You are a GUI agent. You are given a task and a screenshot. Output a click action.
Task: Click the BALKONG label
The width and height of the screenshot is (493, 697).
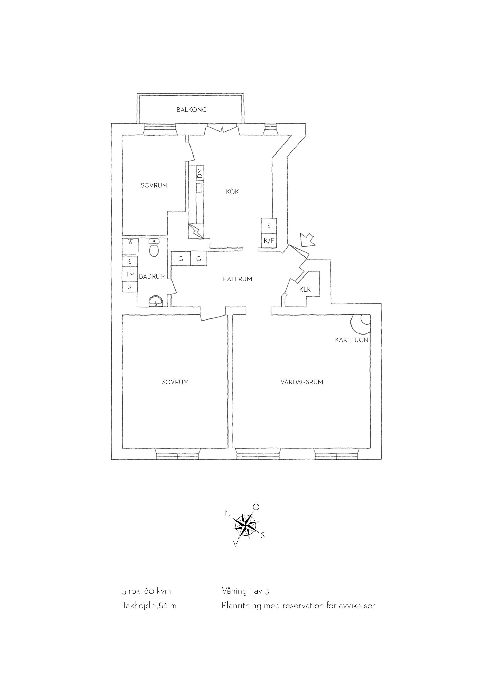192,110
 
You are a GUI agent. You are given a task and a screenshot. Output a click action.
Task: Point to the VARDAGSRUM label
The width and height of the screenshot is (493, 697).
301,382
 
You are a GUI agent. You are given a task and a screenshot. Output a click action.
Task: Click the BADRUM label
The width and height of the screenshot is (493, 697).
152,276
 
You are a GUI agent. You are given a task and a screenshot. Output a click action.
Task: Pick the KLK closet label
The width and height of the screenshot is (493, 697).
305,289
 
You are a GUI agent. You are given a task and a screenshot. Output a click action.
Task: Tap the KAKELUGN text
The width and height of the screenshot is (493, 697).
352,340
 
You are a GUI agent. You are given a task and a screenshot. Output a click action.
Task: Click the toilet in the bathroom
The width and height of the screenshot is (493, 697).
155,247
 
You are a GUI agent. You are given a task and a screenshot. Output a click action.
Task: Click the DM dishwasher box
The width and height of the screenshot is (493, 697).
200,173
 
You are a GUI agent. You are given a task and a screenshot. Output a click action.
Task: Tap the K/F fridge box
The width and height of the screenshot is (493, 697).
269,241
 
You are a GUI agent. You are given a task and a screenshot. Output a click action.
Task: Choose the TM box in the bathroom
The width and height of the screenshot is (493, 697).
130,274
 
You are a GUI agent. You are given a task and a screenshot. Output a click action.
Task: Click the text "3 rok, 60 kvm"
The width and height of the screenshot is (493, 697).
146,591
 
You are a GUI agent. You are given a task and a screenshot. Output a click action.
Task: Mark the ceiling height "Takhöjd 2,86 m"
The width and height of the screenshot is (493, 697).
149,606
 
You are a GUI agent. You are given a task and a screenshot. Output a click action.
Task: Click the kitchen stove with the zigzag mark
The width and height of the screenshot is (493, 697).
196,231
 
